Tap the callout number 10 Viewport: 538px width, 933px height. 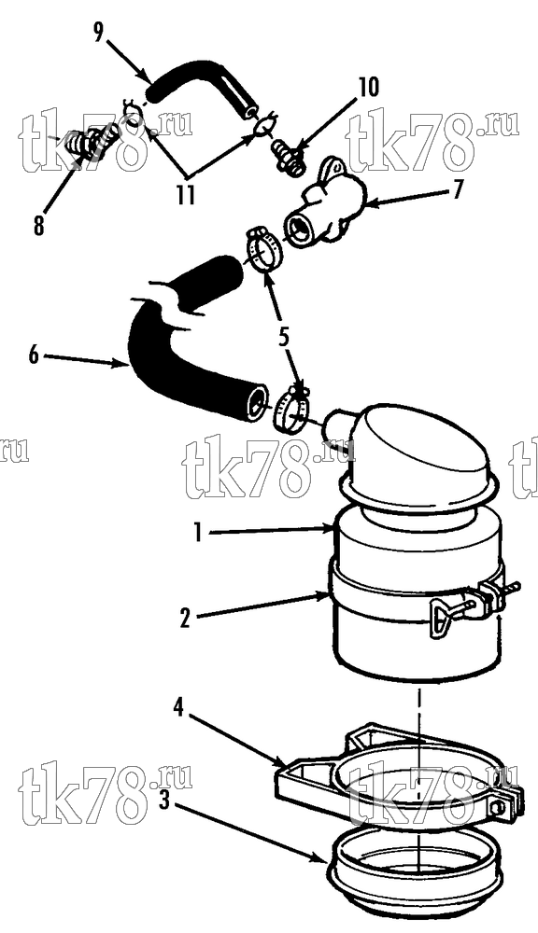point(368,88)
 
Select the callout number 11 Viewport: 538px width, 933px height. point(185,195)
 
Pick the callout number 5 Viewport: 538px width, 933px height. point(283,337)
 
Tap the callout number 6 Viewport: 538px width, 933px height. point(34,355)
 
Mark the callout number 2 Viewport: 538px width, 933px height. point(185,620)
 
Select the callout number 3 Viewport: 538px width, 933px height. point(165,801)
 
